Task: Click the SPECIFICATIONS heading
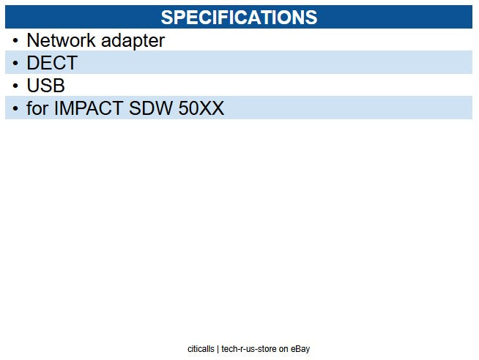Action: pos(239,17)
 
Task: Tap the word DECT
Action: pos(51,63)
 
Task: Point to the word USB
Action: pos(45,86)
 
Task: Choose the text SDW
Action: pos(152,109)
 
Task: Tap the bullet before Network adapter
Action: pos(15,41)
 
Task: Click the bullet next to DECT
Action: pos(15,64)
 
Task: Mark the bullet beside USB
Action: pos(15,86)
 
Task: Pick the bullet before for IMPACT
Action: pos(15,109)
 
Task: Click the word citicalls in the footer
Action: pos(201,349)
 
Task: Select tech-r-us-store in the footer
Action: pos(249,349)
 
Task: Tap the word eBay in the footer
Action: pos(300,349)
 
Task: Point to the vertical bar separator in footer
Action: pos(218,349)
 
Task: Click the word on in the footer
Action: pos(284,349)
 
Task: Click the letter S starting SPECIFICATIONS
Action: pos(166,17)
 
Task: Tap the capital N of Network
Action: pos(32,40)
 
